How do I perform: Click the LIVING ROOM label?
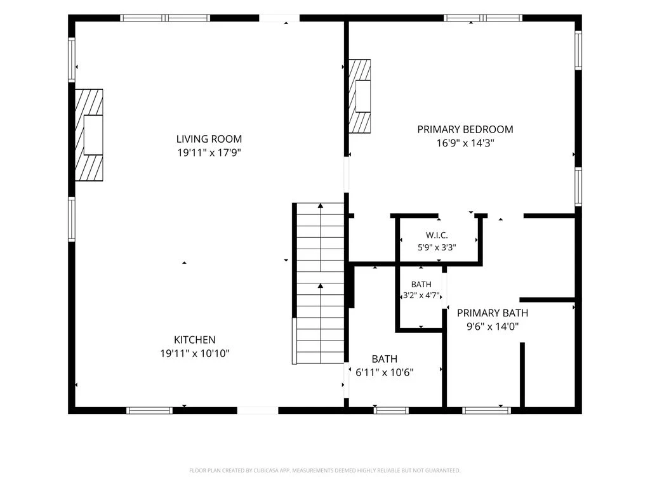209,139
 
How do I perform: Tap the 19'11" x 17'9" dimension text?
209,153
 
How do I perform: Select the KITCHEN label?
194,340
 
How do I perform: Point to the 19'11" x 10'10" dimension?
195,354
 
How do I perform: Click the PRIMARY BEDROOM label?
465,129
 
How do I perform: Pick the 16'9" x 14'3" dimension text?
465,143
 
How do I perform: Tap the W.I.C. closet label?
437,235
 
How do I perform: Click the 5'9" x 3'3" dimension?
437,248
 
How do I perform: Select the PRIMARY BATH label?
493,313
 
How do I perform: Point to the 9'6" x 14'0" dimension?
493,327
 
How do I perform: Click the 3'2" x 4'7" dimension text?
421,295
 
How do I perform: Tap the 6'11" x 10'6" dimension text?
385,372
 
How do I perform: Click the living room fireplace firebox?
93,135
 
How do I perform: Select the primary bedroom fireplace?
359,96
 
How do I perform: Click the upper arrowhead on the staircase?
321,205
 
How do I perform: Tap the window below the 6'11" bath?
391,410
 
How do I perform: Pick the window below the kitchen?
149,410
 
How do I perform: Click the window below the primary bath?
487,410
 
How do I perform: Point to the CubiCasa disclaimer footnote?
324,471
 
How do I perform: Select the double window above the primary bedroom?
483,18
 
